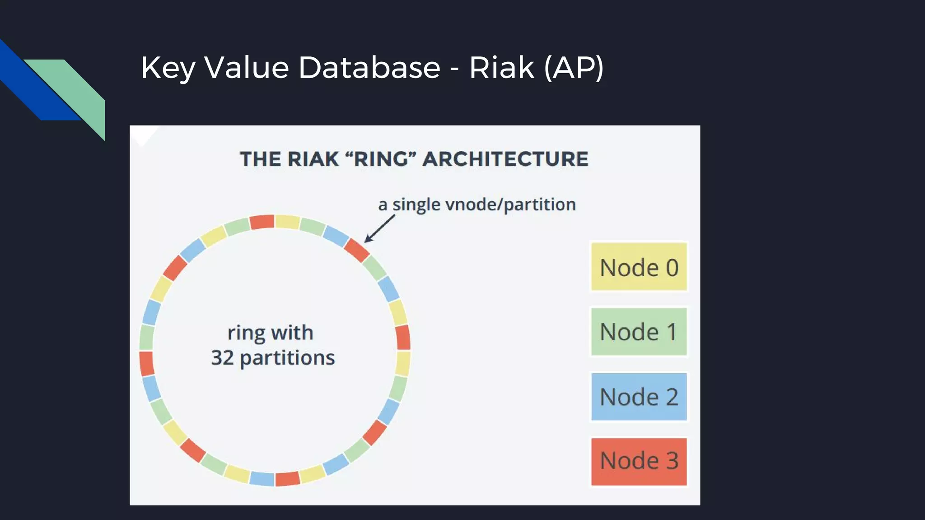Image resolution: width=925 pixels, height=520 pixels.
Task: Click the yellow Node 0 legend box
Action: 639,267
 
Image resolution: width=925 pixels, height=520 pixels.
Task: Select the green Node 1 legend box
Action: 639,332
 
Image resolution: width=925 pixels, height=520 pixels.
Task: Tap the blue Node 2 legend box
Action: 639,397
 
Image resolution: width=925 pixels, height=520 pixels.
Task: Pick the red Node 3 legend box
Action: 639,461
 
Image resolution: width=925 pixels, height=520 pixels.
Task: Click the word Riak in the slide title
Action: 501,68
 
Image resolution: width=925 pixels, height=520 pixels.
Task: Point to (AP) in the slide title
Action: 574,68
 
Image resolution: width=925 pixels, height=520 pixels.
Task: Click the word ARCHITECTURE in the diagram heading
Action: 505,159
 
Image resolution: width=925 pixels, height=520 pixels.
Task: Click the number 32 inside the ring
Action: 222,357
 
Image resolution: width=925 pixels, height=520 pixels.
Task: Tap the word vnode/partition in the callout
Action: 510,205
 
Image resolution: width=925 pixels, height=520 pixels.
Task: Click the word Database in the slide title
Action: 369,68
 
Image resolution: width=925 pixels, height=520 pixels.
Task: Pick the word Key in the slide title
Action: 168,68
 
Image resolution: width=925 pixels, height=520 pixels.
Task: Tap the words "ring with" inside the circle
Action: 270,333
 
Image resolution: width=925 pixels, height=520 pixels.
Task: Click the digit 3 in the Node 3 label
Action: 672,461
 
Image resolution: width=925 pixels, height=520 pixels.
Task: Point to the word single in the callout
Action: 416,205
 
